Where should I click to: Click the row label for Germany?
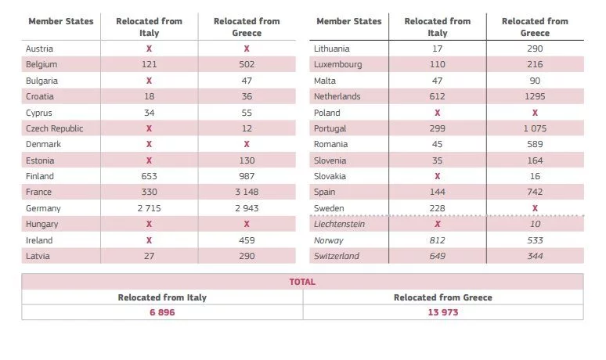pyautogui.click(x=43, y=208)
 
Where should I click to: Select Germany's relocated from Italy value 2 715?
pyautogui.click(x=149, y=208)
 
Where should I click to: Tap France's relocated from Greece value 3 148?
pyautogui.click(x=247, y=193)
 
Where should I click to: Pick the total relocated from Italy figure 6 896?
pyautogui.click(x=162, y=312)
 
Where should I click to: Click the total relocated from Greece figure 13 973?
pyautogui.click(x=442, y=312)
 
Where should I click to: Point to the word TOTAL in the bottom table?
pyautogui.click(x=302, y=282)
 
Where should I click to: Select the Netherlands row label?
pyautogui.click(x=337, y=96)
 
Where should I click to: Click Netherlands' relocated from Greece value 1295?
pyautogui.click(x=536, y=96)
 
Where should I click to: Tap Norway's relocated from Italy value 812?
pyautogui.click(x=437, y=240)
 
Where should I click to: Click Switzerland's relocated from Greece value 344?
pyautogui.click(x=536, y=256)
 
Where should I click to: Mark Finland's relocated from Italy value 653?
pyautogui.click(x=149, y=176)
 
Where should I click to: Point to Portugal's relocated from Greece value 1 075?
pyautogui.click(x=536, y=128)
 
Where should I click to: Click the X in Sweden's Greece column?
pyautogui.click(x=536, y=208)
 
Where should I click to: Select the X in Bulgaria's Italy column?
pyautogui.click(x=149, y=81)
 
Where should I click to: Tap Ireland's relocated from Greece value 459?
pyautogui.click(x=247, y=240)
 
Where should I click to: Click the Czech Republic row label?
pyautogui.click(x=54, y=128)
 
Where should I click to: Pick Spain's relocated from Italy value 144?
pyautogui.click(x=437, y=193)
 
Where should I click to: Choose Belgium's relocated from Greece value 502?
pyautogui.click(x=247, y=64)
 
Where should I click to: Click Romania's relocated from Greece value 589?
pyautogui.click(x=536, y=144)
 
